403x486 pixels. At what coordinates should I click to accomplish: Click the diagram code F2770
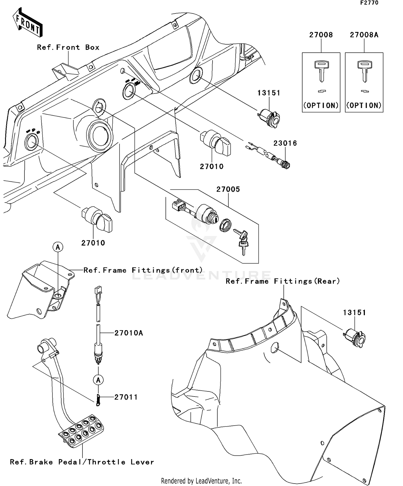click(x=369, y=3)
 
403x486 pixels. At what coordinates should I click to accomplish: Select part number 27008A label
click(x=364, y=35)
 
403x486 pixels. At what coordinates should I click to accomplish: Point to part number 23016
click(x=285, y=143)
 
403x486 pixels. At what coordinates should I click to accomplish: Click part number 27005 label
click(x=228, y=189)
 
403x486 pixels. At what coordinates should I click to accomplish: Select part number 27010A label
click(x=129, y=333)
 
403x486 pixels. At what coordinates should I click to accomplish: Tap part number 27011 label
click(x=126, y=397)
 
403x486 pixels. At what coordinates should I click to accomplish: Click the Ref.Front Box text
click(x=68, y=48)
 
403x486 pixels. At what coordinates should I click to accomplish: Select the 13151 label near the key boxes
click(x=269, y=93)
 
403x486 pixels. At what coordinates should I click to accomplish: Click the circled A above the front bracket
click(x=58, y=247)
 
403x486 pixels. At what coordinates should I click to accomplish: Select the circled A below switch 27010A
click(x=98, y=380)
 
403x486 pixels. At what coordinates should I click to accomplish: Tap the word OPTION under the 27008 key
click(x=321, y=106)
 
